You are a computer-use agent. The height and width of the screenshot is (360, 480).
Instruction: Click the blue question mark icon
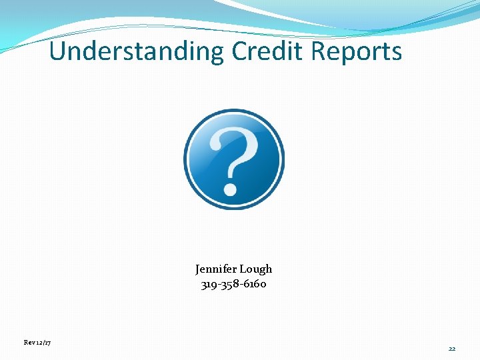click(x=234, y=159)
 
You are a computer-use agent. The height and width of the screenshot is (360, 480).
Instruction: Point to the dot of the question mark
click(x=231, y=189)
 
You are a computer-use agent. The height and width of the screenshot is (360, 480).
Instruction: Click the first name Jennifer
click(x=215, y=269)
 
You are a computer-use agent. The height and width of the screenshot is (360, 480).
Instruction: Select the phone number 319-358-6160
click(x=234, y=285)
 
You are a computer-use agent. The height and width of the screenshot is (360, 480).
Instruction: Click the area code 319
click(x=209, y=285)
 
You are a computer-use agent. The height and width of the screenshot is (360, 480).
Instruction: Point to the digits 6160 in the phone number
click(x=255, y=285)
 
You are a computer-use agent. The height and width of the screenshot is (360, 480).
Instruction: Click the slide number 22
click(x=452, y=349)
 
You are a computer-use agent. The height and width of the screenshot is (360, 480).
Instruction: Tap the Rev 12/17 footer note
click(x=37, y=342)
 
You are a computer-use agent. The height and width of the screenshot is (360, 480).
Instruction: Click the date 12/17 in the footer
click(x=44, y=342)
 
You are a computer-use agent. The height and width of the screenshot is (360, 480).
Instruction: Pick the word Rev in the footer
click(x=29, y=342)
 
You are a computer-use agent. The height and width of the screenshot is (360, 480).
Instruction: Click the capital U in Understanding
click(x=58, y=51)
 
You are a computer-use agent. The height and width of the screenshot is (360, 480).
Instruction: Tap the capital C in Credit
click(x=241, y=51)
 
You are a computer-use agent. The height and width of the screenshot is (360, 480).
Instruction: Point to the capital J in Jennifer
click(x=198, y=269)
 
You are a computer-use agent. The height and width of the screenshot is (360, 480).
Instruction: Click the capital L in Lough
click(x=241, y=269)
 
